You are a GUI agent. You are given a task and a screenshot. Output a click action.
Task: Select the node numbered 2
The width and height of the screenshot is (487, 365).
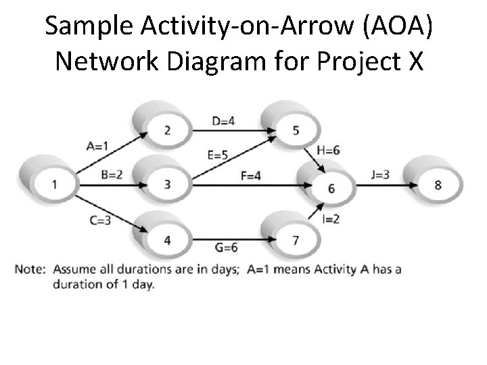point(167,130)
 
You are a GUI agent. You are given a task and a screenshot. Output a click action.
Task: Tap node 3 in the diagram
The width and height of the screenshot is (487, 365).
point(167,184)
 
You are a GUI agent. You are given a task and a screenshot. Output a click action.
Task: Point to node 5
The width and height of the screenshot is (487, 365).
point(296,130)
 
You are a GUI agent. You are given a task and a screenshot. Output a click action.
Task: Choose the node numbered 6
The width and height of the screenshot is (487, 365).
point(331,189)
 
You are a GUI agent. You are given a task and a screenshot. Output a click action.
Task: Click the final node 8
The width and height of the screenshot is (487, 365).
point(438,184)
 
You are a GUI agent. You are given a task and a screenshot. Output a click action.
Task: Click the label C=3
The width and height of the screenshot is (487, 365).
point(99,220)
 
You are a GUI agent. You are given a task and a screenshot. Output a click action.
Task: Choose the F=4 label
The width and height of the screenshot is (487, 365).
point(251,176)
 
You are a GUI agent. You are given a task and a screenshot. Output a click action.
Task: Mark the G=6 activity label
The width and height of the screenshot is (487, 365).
point(225,247)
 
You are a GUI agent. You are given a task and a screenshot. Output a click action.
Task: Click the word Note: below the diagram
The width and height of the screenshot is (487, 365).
point(29,270)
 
